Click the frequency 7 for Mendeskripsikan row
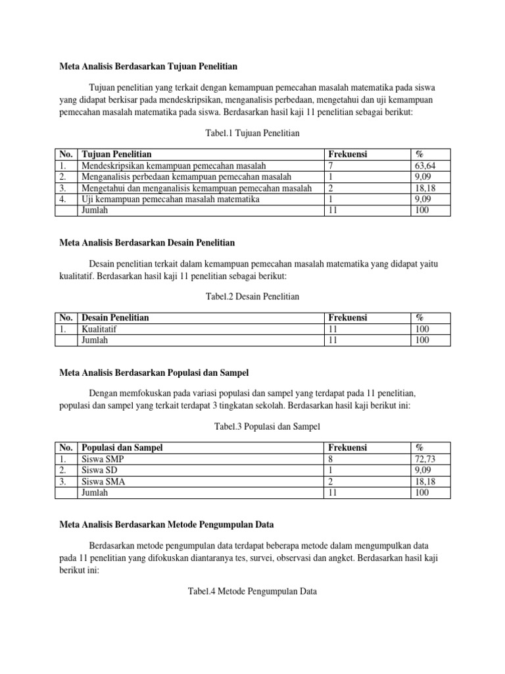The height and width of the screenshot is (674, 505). point(330,166)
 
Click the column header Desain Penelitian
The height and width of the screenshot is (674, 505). point(114,318)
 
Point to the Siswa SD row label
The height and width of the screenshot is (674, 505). point(98,470)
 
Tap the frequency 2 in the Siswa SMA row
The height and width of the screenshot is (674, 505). point(330,481)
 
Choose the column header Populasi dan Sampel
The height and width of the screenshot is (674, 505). point(121,448)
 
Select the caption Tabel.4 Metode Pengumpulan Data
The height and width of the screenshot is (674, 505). point(252,592)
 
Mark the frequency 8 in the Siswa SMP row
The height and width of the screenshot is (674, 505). point(330,459)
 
